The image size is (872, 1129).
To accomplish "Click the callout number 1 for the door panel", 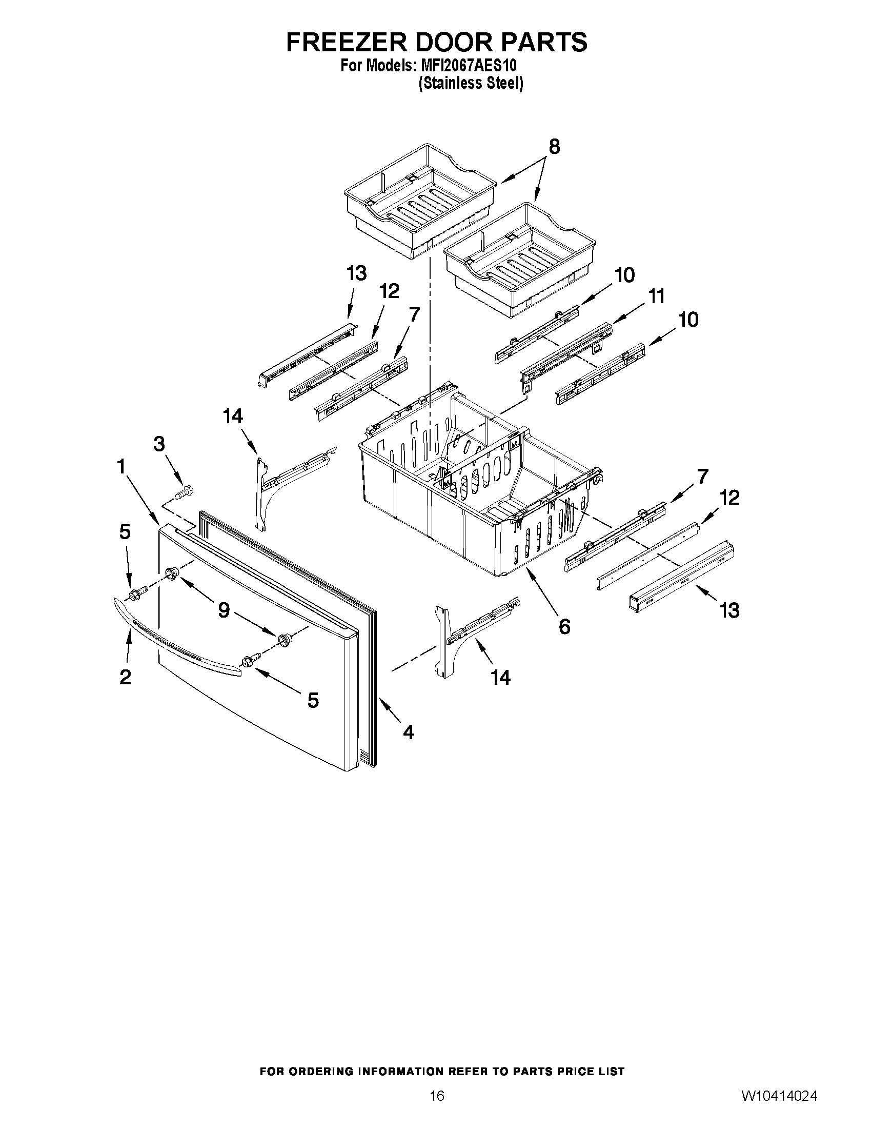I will [121, 468].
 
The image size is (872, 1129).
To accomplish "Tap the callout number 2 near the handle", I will [125, 677].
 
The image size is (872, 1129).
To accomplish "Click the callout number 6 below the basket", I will [564, 626].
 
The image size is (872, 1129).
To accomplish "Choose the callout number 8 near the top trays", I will [554, 147].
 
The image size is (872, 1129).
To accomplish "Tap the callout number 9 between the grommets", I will [224, 610].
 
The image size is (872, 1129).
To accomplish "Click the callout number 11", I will [656, 296].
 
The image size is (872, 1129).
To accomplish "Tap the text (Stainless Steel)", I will [471, 83].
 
